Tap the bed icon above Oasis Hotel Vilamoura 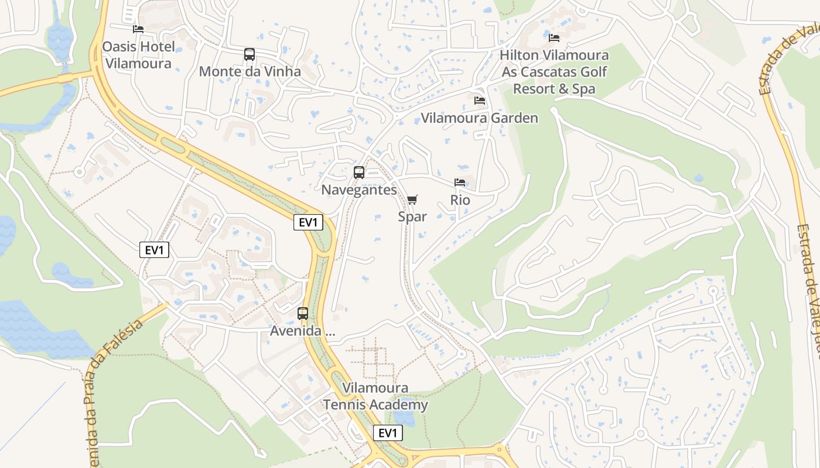[138, 29]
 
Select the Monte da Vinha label [250, 71]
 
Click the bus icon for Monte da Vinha [250, 54]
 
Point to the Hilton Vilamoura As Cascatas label [554, 72]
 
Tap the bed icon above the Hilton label [554, 38]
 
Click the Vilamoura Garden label [479, 118]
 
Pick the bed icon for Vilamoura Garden [480, 101]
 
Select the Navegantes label [358, 190]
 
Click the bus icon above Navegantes [359, 173]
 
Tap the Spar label [412, 216]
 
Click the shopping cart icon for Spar [412, 200]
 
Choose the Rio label [460, 200]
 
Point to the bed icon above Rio [460, 183]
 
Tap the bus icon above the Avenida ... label [303, 314]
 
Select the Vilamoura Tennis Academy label [375, 396]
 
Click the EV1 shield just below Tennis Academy [388, 433]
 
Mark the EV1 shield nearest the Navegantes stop [308, 222]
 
